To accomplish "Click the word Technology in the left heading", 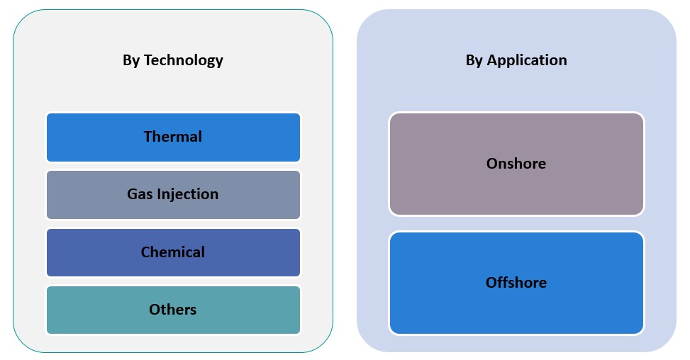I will (x=183, y=61).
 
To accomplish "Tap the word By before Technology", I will (x=131, y=61).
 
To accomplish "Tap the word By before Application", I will (x=474, y=61).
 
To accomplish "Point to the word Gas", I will (x=139, y=194).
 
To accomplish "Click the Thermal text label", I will (x=173, y=137).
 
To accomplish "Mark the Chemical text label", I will (x=173, y=252).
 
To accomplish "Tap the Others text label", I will (x=173, y=310).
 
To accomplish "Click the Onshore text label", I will (x=516, y=164).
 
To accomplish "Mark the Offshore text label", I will (x=516, y=283).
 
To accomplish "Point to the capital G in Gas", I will (x=133, y=194).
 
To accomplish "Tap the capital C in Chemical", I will (x=145, y=252).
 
